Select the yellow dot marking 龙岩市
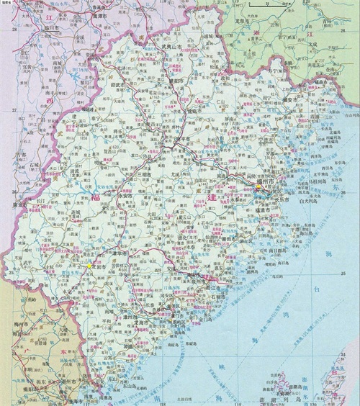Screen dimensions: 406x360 pos(89,266)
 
